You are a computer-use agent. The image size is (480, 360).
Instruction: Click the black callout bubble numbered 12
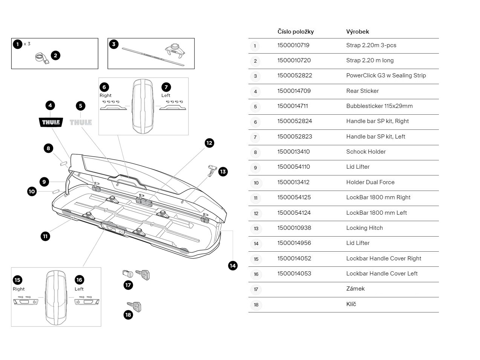pyautogui.click(x=209, y=143)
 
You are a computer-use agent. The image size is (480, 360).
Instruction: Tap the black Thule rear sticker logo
pyautogui.click(x=51, y=122)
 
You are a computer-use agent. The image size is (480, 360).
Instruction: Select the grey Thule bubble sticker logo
pyautogui.click(x=81, y=122)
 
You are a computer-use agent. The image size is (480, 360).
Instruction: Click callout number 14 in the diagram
pyautogui.click(x=233, y=266)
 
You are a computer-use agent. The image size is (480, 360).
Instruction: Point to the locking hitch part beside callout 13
pyautogui.click(x=213, y=170)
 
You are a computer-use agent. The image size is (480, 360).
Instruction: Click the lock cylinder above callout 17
pyautogui.click(x=127, y=274)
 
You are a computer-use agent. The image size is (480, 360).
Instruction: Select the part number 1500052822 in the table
pyautogui.click(x=294, y=75)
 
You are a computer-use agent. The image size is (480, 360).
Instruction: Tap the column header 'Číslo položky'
pyautogui.click(x=295, y=32)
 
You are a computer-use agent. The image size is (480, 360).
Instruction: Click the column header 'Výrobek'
pyautogui.click(x=357, y=32)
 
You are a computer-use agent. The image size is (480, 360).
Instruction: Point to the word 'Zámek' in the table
pyautogui.click(x=355, y=289)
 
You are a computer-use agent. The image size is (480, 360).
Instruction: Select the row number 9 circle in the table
pyautogui.click(x=255, y=168)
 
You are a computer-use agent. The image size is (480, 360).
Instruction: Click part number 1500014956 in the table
pyautogui.click(x=294, y=243)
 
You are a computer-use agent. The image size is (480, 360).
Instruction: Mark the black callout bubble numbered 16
pyautogui.click(x=79, y=280)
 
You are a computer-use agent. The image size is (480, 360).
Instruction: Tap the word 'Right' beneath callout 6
pyautogui.click(x=106, y=95)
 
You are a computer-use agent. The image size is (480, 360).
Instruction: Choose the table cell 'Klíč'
pyautogui.click(x=351, y=304)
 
